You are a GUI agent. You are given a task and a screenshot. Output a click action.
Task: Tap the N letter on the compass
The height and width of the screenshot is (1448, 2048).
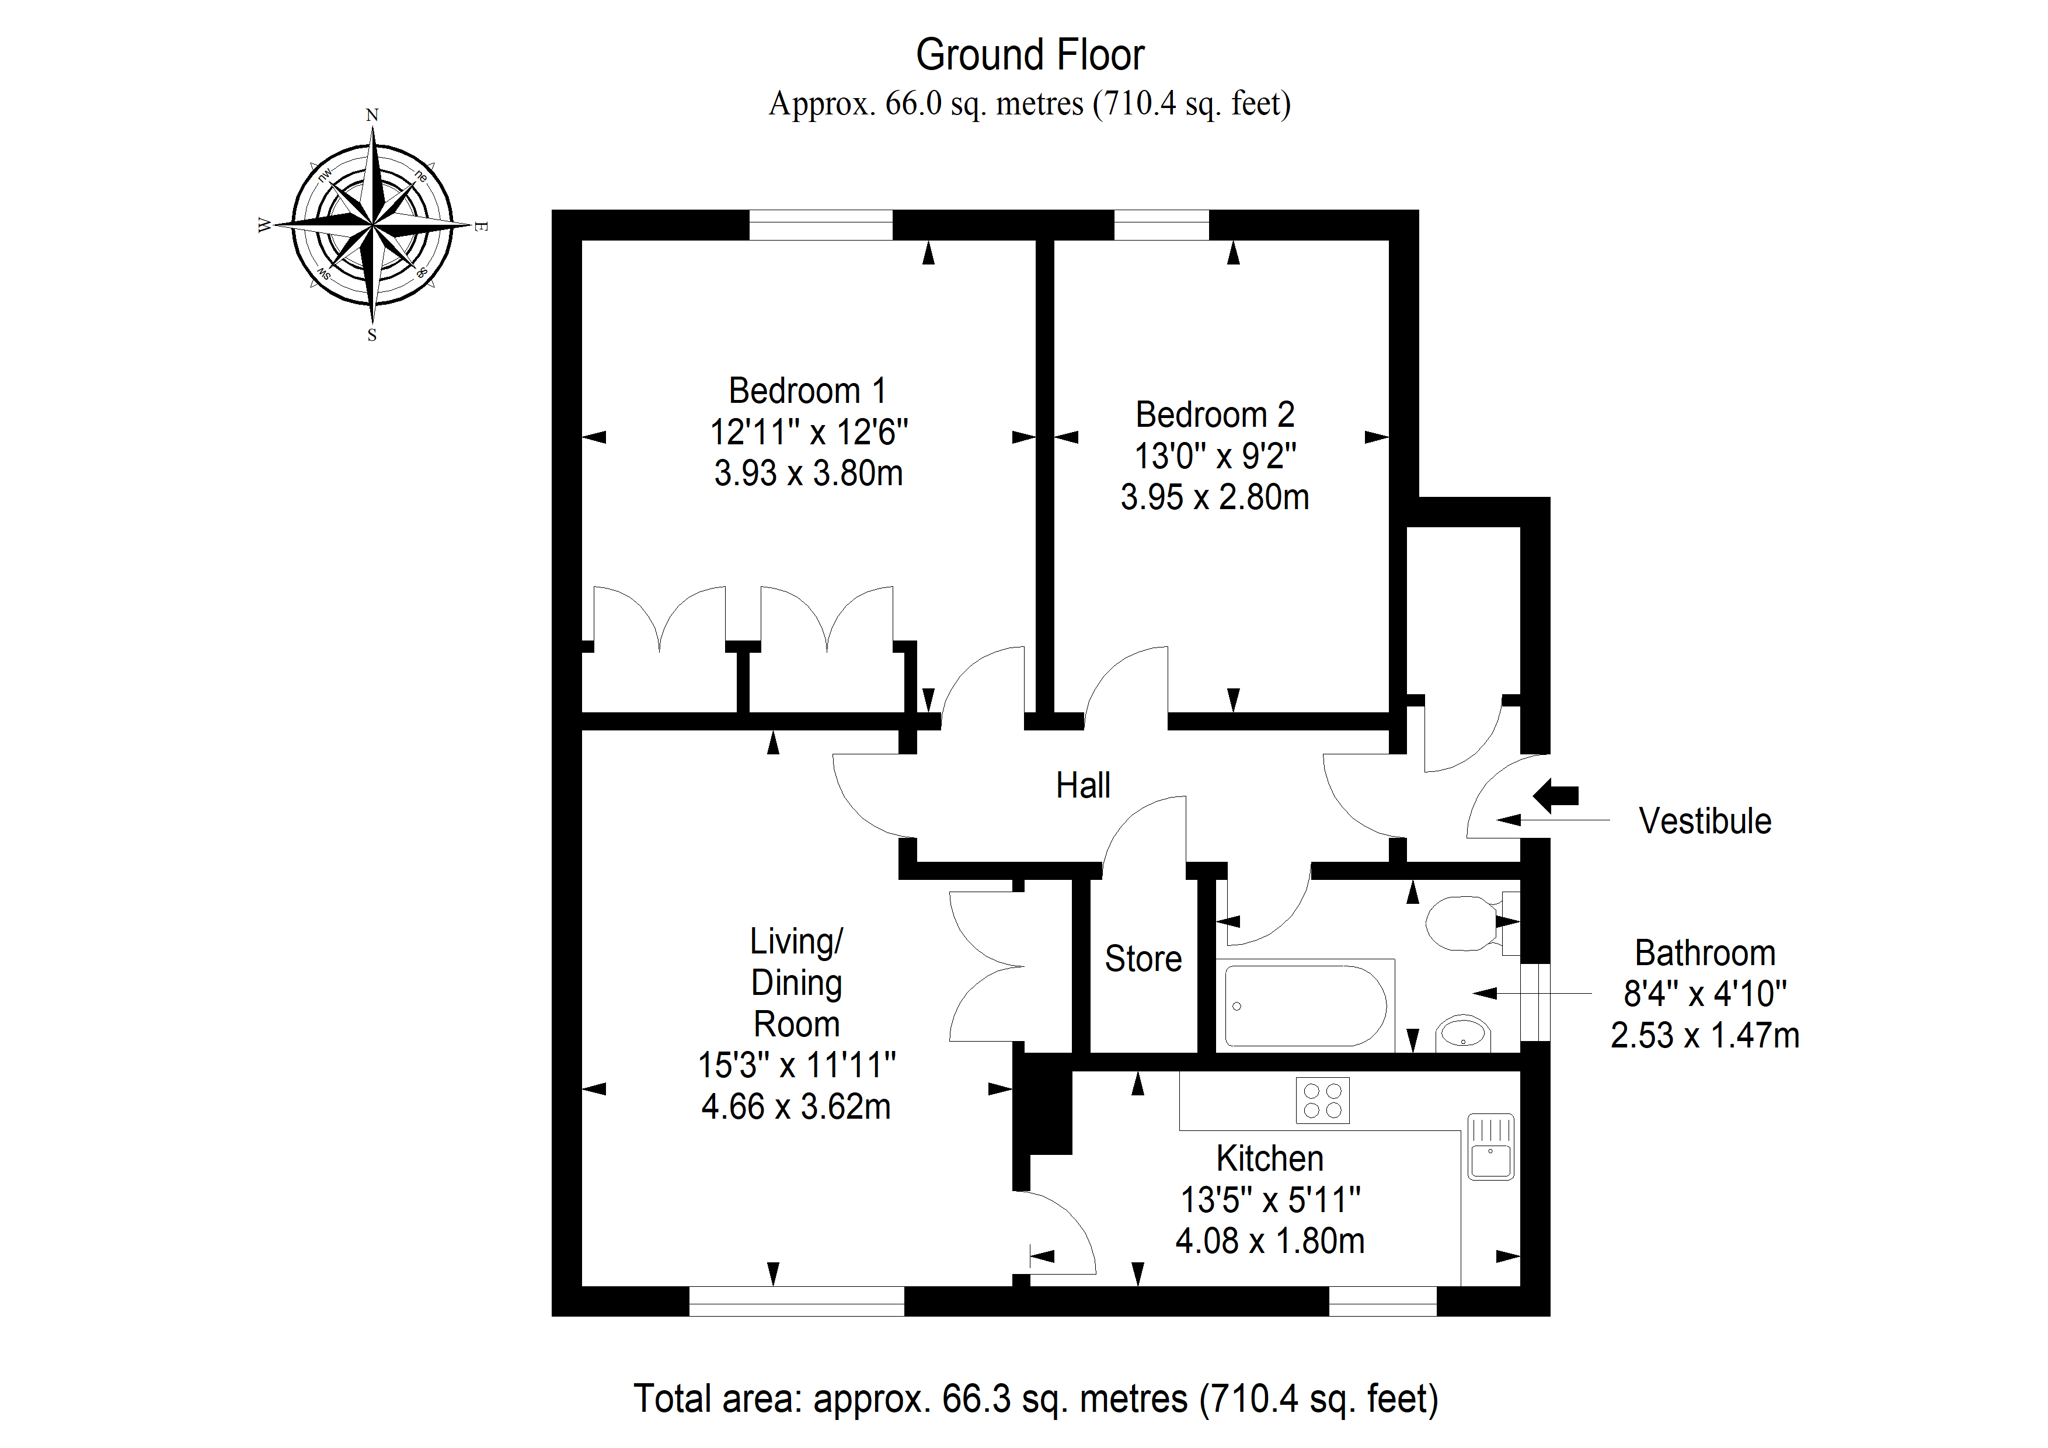click(372, 115)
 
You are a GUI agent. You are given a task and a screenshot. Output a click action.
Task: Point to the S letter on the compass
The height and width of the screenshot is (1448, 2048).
click(372, 336)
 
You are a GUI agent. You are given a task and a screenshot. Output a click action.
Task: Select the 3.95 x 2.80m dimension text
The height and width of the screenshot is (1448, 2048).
click(1215, 497)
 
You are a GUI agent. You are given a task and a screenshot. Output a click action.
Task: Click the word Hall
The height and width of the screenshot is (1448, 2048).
click(1083, 785)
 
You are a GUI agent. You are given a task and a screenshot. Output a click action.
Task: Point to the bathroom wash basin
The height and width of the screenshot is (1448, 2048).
click(1463, 1033)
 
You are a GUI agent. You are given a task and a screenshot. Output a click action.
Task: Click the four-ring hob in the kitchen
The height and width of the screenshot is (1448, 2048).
click(1322, 1100)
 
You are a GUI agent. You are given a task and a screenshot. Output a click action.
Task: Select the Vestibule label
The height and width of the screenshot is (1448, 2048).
click(1705, 821)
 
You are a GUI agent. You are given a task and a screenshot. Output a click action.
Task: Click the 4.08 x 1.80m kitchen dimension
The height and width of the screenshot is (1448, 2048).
click(1270, 1241)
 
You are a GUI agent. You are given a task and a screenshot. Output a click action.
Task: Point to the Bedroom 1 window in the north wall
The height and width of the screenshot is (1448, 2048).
click(821, 225)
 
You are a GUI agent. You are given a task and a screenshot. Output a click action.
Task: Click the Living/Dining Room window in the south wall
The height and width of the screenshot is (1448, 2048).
click(796, 1301)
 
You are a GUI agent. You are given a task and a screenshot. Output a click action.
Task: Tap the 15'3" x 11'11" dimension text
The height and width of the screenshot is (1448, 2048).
click(796, 1065)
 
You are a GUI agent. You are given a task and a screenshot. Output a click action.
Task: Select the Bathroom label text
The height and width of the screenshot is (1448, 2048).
click(1705, 953)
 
